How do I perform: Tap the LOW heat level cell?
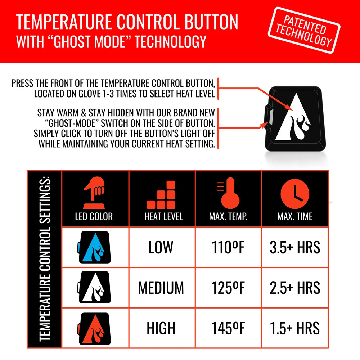point(161,247)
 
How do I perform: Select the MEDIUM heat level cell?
point(161,288)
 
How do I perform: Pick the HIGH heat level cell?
point(161,328)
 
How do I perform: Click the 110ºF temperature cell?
point(228,247)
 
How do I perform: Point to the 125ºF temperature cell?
point(228,288)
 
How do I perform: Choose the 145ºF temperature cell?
point(228,328)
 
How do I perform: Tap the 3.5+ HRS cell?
point(295,247)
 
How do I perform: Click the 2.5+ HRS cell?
point(295,288)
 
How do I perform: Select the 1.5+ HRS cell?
point(295,328)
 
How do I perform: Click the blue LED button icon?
point(94,247)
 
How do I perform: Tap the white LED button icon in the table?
point(94,288)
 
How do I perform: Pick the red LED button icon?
point(94,328)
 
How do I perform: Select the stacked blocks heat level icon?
point(162,195)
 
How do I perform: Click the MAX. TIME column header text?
point(295,217)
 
